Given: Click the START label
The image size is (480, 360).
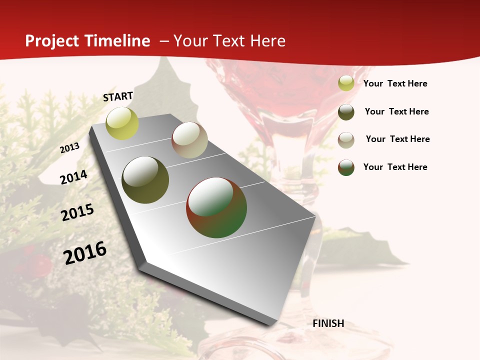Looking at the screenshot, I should click(118, 96).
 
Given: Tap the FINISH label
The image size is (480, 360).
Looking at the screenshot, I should click(328, 323).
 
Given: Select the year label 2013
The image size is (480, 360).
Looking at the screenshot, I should click(69, 148).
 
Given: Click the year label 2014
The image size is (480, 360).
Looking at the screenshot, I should click(73, 177).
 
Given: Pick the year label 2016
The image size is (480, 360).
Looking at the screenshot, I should click(85, 253).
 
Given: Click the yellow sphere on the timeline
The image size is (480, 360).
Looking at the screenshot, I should click(122, 123).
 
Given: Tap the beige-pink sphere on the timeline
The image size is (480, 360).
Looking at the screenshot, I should click(189, 140).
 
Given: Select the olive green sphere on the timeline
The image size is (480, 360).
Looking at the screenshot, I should click(145, 180).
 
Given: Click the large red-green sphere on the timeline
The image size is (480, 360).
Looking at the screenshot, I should click(216, 207).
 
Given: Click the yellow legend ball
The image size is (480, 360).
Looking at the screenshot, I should click(346, 83).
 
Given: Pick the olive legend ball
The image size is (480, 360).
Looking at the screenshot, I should click(346, 112).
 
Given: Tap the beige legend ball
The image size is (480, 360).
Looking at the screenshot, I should click(346, 140).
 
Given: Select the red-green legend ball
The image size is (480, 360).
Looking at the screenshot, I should click(346, 167).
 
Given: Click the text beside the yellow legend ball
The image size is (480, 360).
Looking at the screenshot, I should click(395, 84).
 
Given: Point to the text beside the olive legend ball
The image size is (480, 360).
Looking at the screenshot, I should click(396, 111).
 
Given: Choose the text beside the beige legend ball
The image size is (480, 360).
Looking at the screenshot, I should click(397, 139).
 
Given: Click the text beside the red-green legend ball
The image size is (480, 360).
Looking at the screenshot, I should click(395, 167).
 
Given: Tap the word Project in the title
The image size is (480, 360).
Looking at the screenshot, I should click(52, 41).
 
